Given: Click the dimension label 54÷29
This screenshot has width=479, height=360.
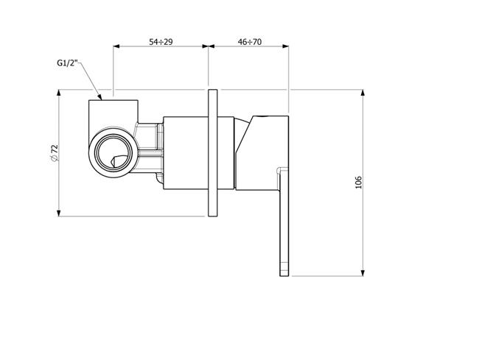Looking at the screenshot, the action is click(x=161, y=41).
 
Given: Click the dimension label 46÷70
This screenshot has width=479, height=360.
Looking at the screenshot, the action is click(x=250, y=41).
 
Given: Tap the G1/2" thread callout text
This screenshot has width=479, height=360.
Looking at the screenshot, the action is click(x=68, y=63).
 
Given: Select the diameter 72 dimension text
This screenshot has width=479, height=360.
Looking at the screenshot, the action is click(x=55, y=153).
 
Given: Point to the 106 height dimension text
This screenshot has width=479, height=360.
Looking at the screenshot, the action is click(x=358, y=183).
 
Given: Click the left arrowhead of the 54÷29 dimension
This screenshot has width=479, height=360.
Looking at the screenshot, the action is click(x=116, y=46).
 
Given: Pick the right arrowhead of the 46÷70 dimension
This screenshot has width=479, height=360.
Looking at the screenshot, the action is click(x=286, y=46).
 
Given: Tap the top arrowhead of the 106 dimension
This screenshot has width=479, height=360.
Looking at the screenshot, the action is click(x=363, y=93).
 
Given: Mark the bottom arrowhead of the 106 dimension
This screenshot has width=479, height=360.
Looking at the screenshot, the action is click(x=363, y=273).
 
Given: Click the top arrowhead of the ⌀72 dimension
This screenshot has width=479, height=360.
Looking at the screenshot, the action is click(x=59, y=93).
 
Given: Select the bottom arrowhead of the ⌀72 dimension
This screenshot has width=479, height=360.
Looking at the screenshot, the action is click(x=59, y=213).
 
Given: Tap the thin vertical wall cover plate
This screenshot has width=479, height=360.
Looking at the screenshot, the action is click(x=213, y=153).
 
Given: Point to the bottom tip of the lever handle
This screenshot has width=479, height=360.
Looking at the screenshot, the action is click(x=284, y=276).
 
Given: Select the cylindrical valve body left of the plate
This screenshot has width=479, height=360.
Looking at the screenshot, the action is click(x=186, y=153).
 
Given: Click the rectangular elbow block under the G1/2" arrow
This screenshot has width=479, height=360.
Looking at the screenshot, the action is click(x=113, y=114).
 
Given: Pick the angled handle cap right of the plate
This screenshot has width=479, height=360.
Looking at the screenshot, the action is click(x=262, y=153).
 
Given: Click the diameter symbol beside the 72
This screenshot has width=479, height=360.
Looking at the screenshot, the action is click(x=54, y=158).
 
